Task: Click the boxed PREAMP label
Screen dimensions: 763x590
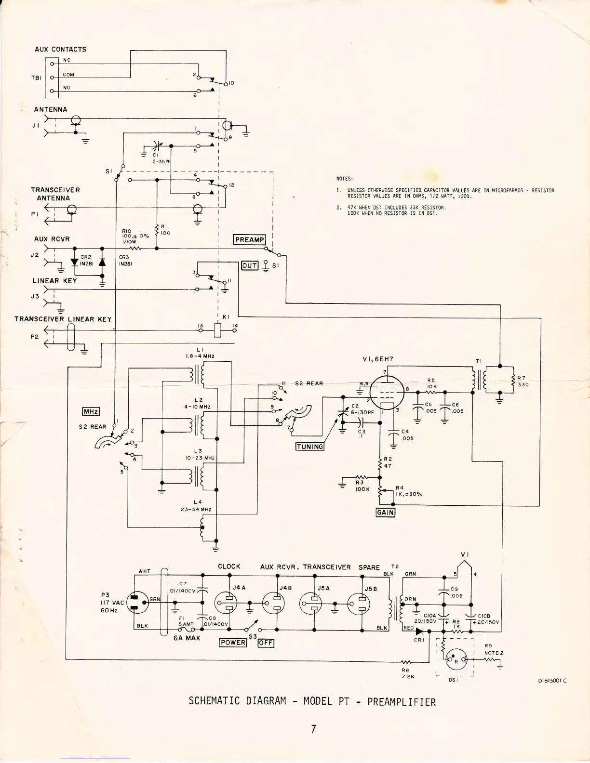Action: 249,240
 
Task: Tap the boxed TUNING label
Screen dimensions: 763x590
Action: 310,447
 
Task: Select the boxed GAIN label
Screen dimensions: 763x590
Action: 385,513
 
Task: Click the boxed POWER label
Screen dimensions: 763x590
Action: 233,643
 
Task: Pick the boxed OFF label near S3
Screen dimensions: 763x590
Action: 266,643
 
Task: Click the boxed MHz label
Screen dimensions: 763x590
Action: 91,411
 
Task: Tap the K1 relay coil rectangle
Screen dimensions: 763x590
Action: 217,330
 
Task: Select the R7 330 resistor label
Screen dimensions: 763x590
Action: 522,381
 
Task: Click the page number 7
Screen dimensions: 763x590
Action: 313,729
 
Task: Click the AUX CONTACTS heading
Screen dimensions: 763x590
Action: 60,49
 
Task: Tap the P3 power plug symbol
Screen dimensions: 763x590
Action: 136,602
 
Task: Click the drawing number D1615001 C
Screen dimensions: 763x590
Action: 552,681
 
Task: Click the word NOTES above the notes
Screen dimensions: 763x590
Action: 345,179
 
